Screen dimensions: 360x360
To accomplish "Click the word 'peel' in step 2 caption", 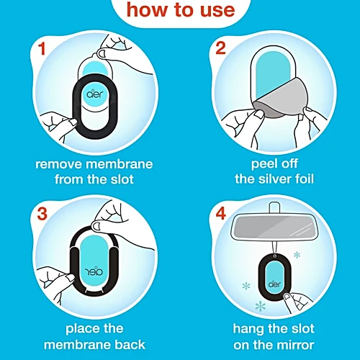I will (x=251, y=165).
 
